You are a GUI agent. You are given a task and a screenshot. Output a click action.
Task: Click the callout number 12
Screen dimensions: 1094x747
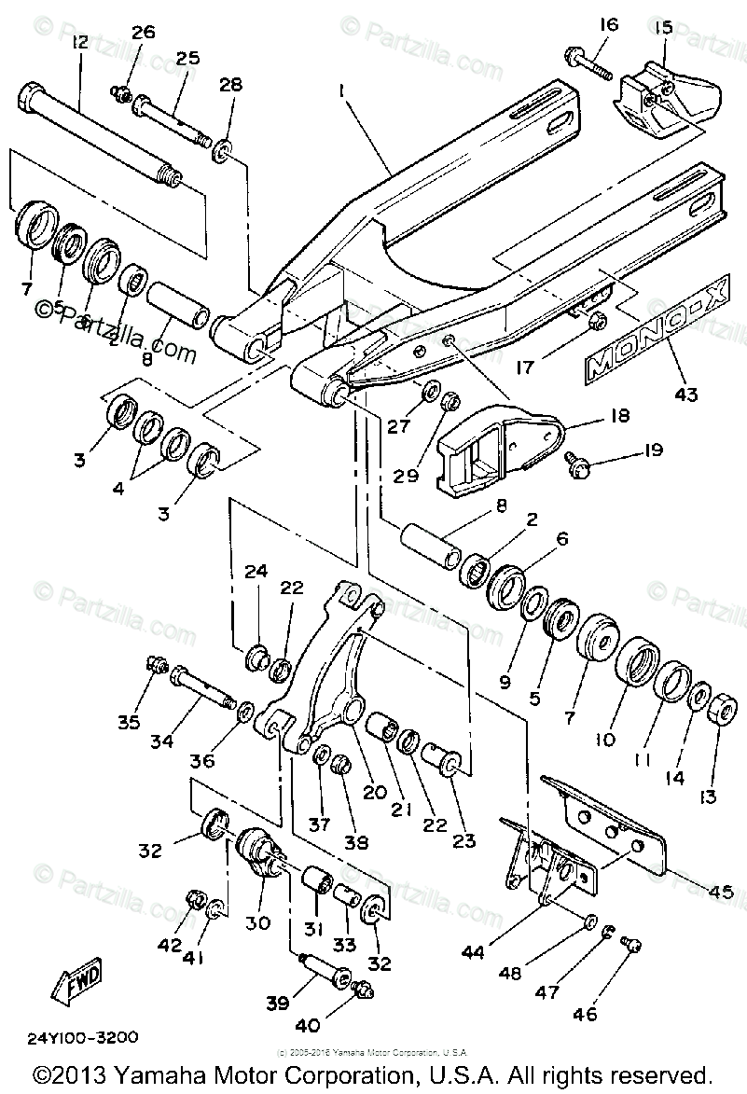(78, 42)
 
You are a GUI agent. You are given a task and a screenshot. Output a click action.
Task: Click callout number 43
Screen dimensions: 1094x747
(686, 395)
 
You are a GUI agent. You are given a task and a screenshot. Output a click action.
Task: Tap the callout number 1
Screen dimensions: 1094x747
(343, 91)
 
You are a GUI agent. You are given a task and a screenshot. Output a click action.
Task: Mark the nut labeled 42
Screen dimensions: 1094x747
(196, 899)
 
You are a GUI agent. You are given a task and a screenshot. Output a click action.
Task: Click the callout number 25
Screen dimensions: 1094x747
(187, 59)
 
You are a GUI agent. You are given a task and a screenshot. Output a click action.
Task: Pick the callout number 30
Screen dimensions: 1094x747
(257, 922)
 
